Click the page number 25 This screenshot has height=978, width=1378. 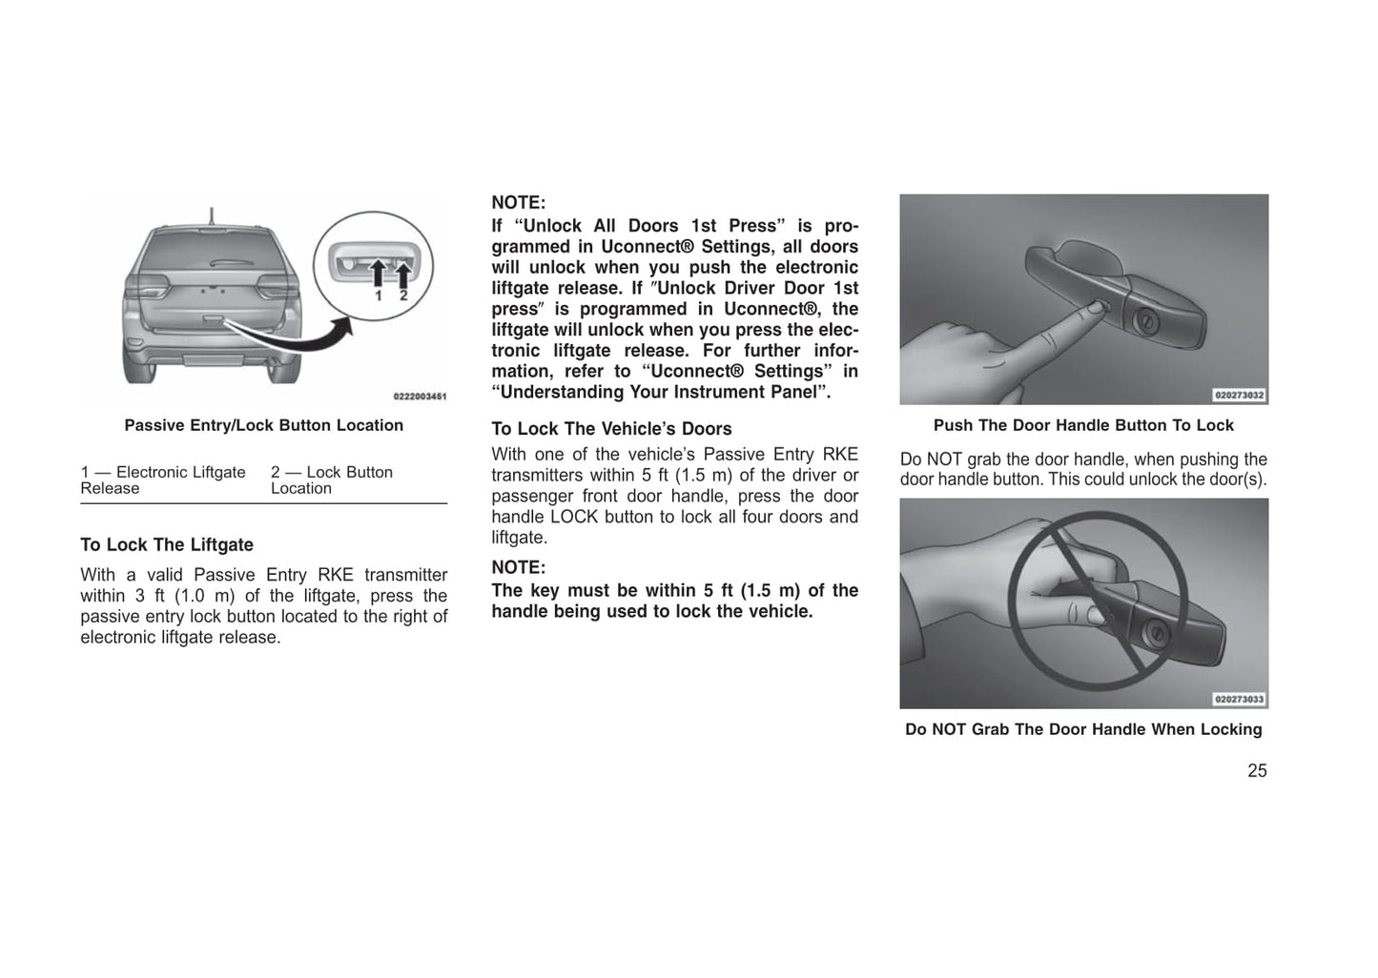(1256, 771)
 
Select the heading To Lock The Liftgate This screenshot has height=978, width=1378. (167, 545)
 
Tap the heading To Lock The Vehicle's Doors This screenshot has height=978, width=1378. (611, 429)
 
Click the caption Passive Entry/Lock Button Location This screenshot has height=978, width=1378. (263, 425)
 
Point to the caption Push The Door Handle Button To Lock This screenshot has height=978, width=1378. (1083, 425)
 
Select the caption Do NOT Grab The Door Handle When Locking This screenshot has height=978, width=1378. (1083, 729)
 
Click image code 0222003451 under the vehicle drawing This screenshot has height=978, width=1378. (420, 397)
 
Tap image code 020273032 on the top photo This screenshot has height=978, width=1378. (1239, 395)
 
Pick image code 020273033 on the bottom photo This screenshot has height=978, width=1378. (1239, 699)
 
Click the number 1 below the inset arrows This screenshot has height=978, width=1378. (378, 296)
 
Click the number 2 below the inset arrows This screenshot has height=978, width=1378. (402, 296)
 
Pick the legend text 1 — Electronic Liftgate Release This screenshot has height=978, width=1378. (163, 479)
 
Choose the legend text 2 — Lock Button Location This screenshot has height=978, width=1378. (331, 479)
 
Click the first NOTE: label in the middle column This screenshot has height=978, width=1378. (518, 203)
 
